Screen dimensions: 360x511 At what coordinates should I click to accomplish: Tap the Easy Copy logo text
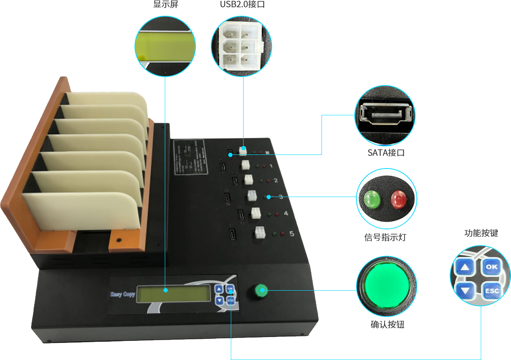point(122,294)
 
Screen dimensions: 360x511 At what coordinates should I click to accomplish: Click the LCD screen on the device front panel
point(173,292)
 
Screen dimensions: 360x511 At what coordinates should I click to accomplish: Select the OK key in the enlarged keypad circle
point(491,267)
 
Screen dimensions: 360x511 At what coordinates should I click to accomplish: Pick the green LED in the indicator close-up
point(372,198)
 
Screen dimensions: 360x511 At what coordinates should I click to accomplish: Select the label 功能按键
point(481,233)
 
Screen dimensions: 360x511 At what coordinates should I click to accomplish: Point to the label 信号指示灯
point(385,237)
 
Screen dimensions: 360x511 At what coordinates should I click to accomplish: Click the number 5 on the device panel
point(291,234)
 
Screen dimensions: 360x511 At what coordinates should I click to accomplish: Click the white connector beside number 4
point(255,213)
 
